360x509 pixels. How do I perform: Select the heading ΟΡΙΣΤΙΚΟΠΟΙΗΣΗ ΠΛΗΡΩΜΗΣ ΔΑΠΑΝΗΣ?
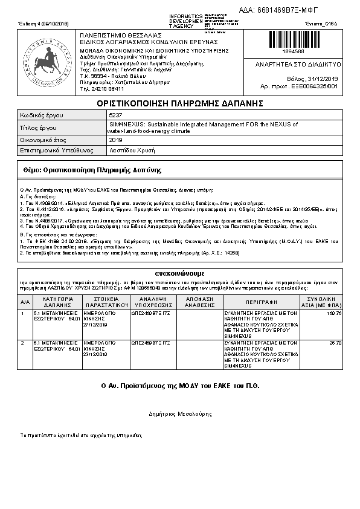(179, 103)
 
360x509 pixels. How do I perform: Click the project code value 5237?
(115, 115)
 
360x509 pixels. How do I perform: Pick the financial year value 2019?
(115, 140)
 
